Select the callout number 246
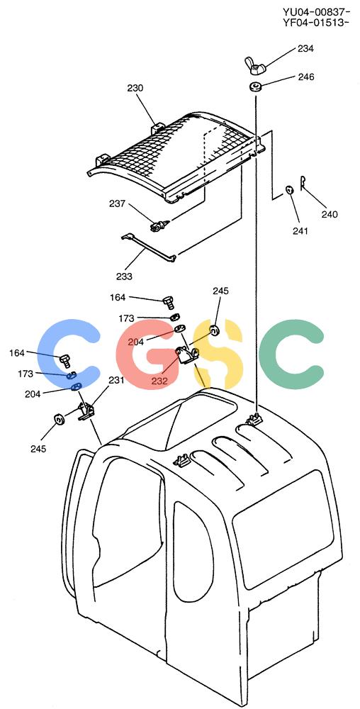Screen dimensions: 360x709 (306, 77)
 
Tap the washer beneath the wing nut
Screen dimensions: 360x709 (256, 86)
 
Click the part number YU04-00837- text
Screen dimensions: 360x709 (316, 12)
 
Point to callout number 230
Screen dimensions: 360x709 (135, 88)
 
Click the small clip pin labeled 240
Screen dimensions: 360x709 (303, 179)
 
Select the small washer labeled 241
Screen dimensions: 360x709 (290, 189)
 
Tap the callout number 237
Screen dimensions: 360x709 (118, 203)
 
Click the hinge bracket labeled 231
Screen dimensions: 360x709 (86, 412)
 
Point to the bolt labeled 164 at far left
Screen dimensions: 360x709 (65, 360)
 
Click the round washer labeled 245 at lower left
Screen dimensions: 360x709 (58, 420)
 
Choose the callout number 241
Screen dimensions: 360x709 (300, 232)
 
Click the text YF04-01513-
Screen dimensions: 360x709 (316, 22)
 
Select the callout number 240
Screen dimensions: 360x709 (330, 215)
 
